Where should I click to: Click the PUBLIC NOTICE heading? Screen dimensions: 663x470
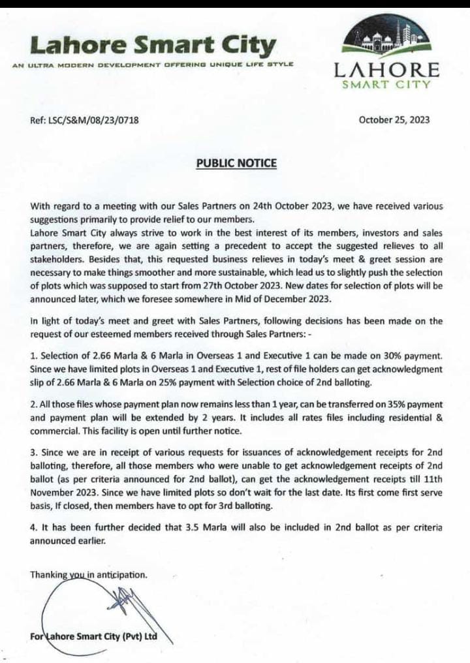point(236,162)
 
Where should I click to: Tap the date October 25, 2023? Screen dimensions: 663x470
point(394,119)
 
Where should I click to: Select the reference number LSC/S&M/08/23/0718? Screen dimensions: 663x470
point(84,119)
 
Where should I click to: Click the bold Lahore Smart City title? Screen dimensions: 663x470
point(153,46)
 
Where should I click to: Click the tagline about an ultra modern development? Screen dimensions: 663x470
point(153,65)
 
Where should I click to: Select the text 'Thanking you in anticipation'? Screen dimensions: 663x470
point(89,575)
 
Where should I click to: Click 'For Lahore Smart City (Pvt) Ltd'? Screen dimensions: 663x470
point(94,636)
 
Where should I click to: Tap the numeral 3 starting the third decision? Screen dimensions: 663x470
point(33,452)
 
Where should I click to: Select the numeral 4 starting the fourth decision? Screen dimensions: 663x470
point(33,527)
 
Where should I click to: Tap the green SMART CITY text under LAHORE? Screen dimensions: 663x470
point(386,84)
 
